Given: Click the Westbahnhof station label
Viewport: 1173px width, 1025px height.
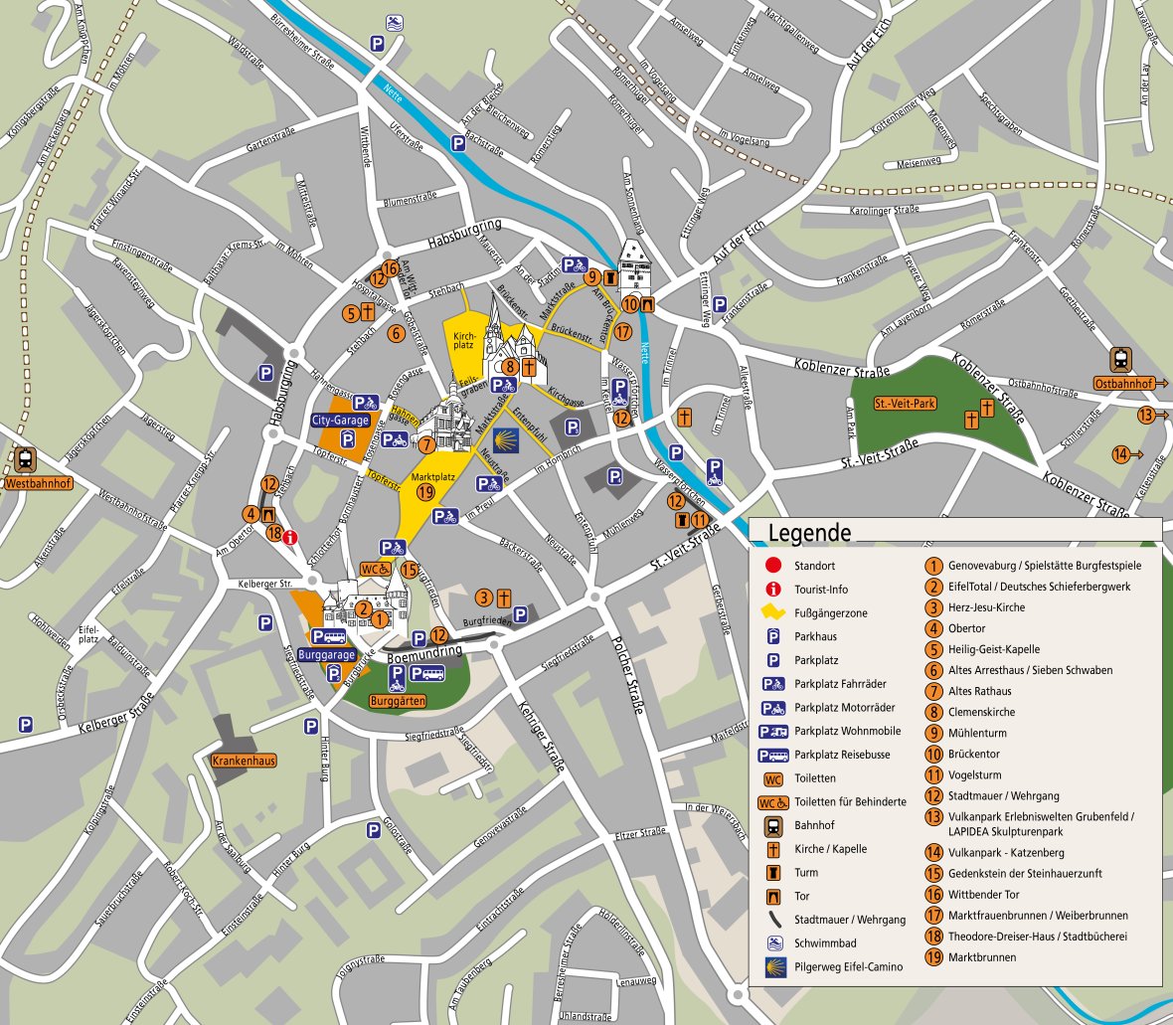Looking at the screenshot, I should coord(39,484).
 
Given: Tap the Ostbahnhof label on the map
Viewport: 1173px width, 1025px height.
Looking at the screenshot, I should coord(1123,383).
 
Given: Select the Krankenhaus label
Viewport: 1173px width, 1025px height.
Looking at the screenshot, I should coord(244,761).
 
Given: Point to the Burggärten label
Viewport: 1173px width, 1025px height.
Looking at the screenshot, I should coord(398,701).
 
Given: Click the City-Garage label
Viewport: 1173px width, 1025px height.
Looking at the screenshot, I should coord(340,421).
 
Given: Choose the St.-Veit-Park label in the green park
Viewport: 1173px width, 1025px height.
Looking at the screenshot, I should coord(905,404).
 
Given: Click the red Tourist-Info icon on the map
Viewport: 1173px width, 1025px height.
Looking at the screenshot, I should coord(290,537).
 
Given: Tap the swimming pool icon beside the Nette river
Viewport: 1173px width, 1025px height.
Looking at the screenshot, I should coord(395,23).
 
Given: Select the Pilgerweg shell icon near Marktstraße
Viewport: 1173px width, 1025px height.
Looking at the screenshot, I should coord(508,440).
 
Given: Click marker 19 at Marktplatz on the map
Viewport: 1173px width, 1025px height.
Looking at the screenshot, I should coord(425,492).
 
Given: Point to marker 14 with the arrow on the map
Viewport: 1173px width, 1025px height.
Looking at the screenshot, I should coord(1120,454).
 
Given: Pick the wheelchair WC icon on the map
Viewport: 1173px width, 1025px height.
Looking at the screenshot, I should coord(375,569).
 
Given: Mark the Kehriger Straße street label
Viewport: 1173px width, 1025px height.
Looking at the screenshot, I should coord(541,735).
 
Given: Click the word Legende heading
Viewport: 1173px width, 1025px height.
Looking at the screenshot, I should coord(809,533).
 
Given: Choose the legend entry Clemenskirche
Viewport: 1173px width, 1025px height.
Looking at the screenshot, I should coord(981,712).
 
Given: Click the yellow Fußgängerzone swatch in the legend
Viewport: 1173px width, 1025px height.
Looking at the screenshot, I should coord(773,612).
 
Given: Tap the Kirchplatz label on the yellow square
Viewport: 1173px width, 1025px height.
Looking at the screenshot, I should coord(464,341).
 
